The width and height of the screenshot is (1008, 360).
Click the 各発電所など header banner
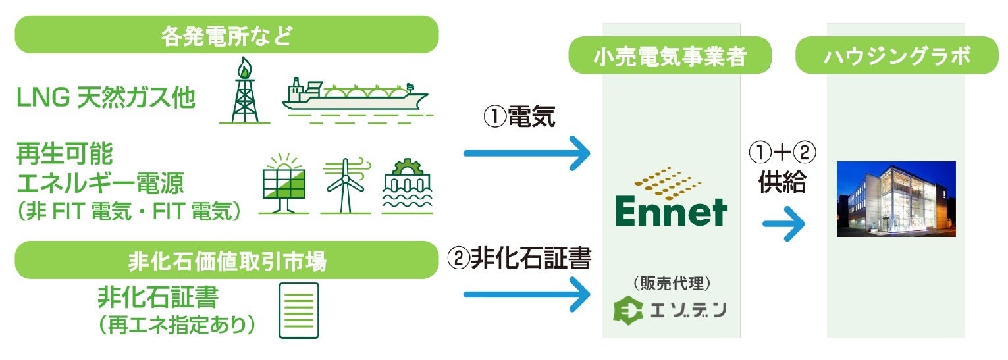point(226,35)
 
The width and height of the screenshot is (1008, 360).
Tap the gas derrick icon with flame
point(244,91)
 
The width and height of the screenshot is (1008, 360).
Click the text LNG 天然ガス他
point(106,99)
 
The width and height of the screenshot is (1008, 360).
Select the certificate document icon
point(298,310)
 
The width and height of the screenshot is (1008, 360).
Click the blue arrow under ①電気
point(527,154)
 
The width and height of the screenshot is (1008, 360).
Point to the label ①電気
point(520,118)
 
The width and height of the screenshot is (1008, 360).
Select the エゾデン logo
point(670,310)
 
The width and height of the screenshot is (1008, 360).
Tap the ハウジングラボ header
point(897,57)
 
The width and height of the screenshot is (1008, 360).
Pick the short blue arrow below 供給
point(784,225)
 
